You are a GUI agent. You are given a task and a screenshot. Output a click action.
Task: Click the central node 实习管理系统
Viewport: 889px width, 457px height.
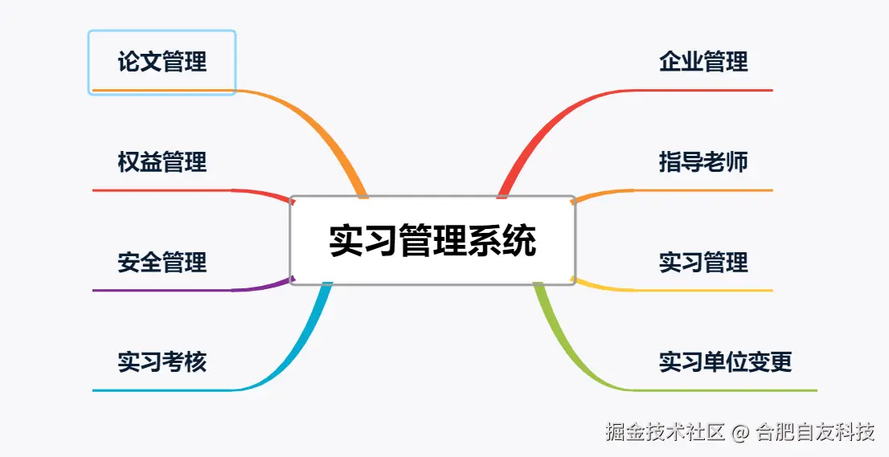pyautogui.click(x=432, y=240)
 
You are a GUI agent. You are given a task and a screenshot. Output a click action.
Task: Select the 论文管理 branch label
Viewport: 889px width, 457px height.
pyautogui.click(x=162, y=62)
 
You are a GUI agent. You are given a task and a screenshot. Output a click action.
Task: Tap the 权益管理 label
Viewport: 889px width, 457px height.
pyautogui.click(x=162, y=162)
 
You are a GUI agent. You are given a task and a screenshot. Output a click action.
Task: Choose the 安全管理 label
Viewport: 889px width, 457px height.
pyautogui.click(x=162, y=262)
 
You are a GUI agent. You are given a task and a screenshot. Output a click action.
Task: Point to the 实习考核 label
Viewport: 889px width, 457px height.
pyautogui.click(x=162, y=362)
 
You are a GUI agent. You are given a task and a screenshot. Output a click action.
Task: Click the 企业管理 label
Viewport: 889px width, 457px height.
pyautogui.click(x=703, y=62)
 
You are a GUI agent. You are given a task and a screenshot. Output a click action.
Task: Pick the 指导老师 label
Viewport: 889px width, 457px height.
pyautogui.click(x=703, y=162)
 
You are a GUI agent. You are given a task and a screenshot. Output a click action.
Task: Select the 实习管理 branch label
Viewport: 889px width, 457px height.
pyautogui.click(x=703, y=262)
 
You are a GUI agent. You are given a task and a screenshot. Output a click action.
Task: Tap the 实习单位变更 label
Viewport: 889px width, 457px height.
pyautogui.click(x=725, y=362)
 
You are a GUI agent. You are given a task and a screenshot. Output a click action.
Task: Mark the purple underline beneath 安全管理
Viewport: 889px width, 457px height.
pyautogui.click(x=161, y=290)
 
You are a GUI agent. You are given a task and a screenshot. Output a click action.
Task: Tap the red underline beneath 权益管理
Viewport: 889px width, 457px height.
pyautogui.click(x=161, y=190)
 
